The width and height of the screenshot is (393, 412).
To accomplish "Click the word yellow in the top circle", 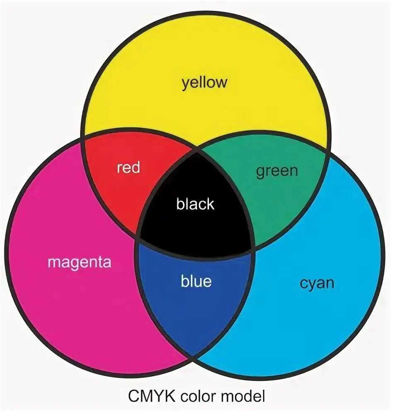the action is [x=205, y=82].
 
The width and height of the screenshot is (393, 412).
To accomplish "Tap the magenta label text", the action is [x=79, y=262].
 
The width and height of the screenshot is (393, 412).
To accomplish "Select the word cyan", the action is [x=317, y=284].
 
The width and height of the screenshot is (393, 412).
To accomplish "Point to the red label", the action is [x=129, y=168].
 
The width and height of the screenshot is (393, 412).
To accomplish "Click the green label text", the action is [x=277, y=170].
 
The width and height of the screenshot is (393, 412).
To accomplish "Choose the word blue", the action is [x=196, y=281].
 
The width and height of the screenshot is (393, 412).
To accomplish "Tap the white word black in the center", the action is [x=195, y=204].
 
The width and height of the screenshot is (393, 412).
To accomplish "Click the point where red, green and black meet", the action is [x=196, y=150].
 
